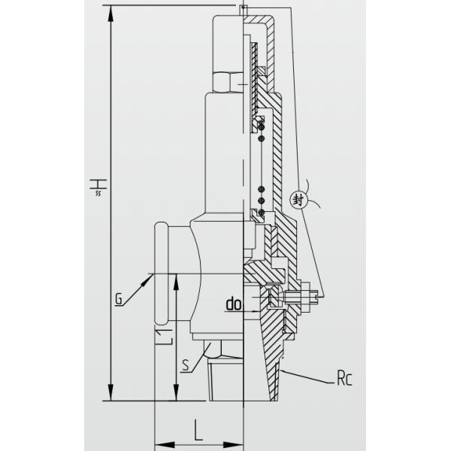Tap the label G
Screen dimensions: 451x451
[x=118, y=299]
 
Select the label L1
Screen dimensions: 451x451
[x=164, y=336]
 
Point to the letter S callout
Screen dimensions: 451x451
[x=186, y=365]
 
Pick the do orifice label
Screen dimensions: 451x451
[x=233, y=304]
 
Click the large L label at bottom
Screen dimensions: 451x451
[x=198, y=430]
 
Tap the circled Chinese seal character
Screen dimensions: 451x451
[x=298, y=200]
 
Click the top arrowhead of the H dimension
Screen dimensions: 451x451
[x=110, y=14]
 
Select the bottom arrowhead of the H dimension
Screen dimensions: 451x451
[x=110, y=392]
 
